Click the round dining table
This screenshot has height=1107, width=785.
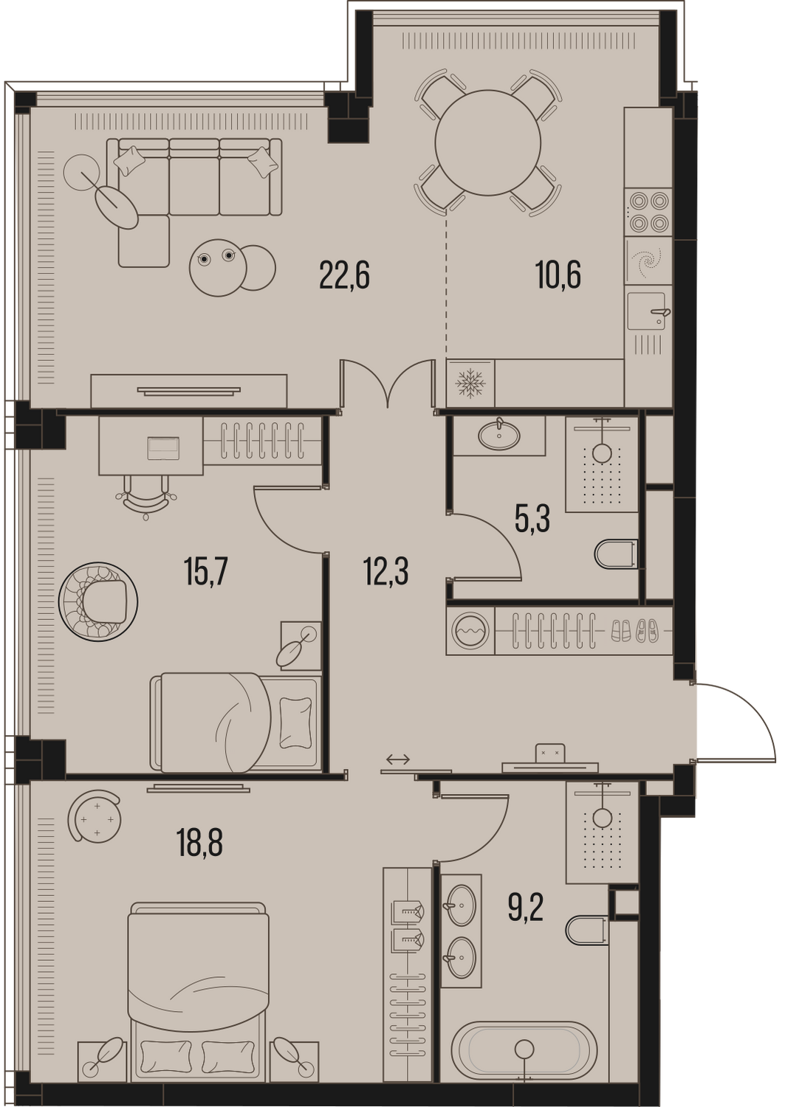[x=487, y=143]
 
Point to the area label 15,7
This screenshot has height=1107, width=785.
[x=206, y=573]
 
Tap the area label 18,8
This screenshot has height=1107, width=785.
[x=199, y=843]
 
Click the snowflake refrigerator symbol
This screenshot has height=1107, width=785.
[x=470, y=383]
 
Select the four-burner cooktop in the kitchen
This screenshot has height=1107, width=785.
[x=648, y=212]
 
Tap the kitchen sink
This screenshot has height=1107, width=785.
[x=648, y=311]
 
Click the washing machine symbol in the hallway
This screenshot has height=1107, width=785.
[x=470, y=631]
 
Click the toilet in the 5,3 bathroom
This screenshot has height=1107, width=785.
[x=616, y=554]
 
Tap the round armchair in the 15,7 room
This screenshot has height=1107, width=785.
[x=98, y=602]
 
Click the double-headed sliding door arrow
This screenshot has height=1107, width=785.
[x=398, y=759]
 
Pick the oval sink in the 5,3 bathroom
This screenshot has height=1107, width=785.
[x=499, y=434]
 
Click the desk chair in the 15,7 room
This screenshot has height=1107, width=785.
[x=146, y=497]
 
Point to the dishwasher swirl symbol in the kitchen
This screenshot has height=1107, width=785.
[x=648, y=260]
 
